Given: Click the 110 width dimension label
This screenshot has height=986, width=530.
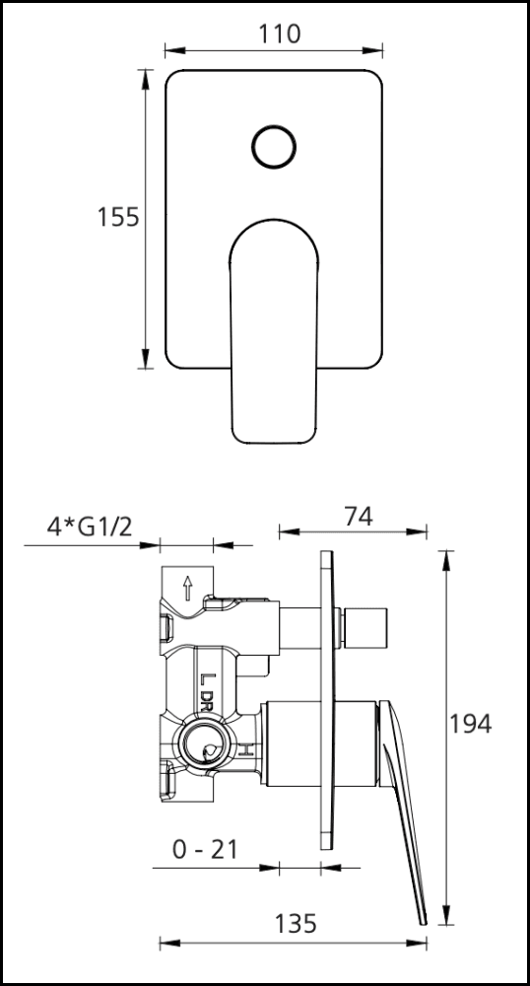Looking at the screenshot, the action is point(280,34).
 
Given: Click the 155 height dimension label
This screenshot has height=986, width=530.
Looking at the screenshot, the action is point(117,217).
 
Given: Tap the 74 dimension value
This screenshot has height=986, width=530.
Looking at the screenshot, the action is point(359,517).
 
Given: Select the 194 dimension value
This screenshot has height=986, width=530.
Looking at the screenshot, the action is point(470,724).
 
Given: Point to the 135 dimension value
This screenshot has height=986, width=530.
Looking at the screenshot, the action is point(296,924).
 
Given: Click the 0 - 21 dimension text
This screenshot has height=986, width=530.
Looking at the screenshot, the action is point(205,850).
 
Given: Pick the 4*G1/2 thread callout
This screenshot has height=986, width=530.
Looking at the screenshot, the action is point(90,527).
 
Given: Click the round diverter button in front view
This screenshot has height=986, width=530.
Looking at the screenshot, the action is point(274,147).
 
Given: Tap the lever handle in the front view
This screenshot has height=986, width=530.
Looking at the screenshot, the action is point(274,331).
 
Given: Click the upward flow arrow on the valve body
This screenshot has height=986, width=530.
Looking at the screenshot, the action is point(187,589).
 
